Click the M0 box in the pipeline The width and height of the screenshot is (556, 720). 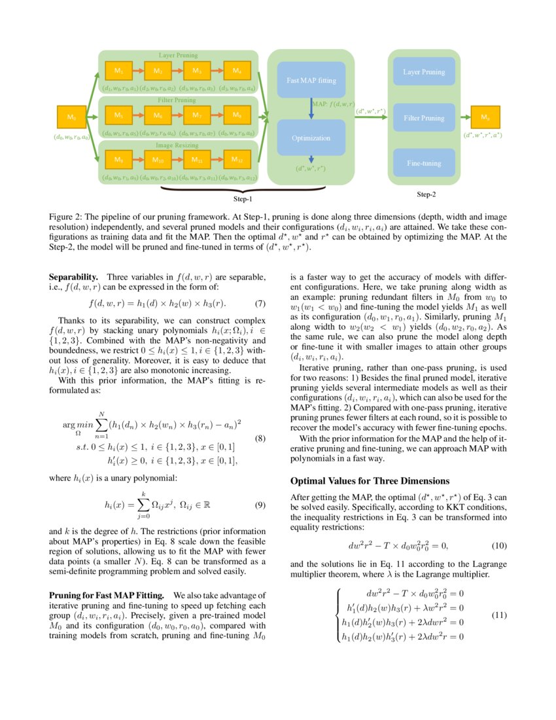pyautogui.click(x=72, y=118)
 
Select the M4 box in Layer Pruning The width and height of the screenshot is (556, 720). pyautogui.click(x=237, y=70)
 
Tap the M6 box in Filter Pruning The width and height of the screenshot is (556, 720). pyautogui.click(x=158, y=116)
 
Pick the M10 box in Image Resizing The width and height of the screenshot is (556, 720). pyautogui.click(x=158, y=160)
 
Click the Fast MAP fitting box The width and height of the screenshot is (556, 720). pyautogui.click(x=311, y=81)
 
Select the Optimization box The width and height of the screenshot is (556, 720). pyautogui.click(x=311, y=138)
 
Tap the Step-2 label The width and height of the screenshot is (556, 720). pyautogui.click(x=426, y=195)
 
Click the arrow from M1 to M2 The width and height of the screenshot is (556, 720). pyautogui.click(x=138, y=70)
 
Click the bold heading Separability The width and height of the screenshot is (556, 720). pyautogui.click(x=74, y=278)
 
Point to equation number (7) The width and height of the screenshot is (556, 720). pyautogui.click(x=260, y=304)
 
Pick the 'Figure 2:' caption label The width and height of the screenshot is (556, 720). pyautogui.click(x=68, y=216)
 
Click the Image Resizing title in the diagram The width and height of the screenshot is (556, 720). pyautogui.click(x=177, y=145)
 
